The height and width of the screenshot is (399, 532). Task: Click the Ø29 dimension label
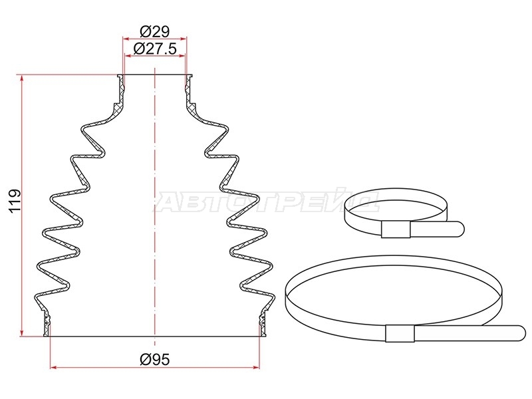(x=154, y=31)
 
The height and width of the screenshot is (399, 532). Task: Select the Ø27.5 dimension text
(x=155, y=49)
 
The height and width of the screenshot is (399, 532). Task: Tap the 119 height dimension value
(x=15, y=201)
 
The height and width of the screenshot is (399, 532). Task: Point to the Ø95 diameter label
(x=155, y=359)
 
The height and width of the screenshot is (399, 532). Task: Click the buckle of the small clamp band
(x=396, y=229)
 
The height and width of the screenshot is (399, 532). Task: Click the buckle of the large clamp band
(x=400, y=333)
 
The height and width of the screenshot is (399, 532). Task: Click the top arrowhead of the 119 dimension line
(x=22, y=79)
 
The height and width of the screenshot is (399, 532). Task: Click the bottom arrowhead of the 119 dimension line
(x=22, y=332)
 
